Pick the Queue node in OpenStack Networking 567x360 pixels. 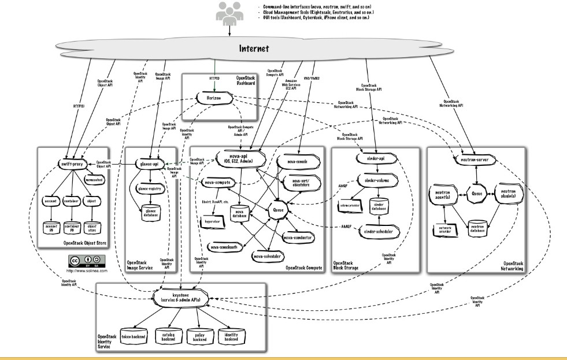[475, 187]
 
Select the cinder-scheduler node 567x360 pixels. [379, 231]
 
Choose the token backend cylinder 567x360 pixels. [134, 336]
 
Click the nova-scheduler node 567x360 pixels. [270, 255]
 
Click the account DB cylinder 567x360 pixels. [53, 226]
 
